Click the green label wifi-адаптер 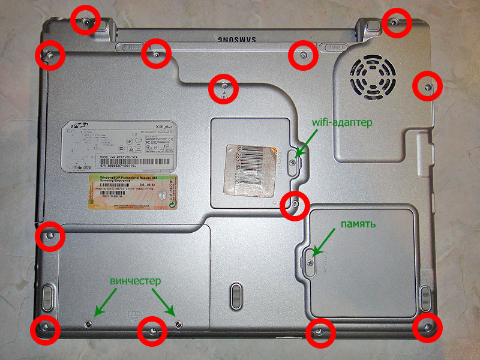(x=343, y=122)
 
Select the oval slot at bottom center (x=236, y=296)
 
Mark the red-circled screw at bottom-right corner (x=427, y=328)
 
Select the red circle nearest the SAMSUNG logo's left (x=156, y=55)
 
